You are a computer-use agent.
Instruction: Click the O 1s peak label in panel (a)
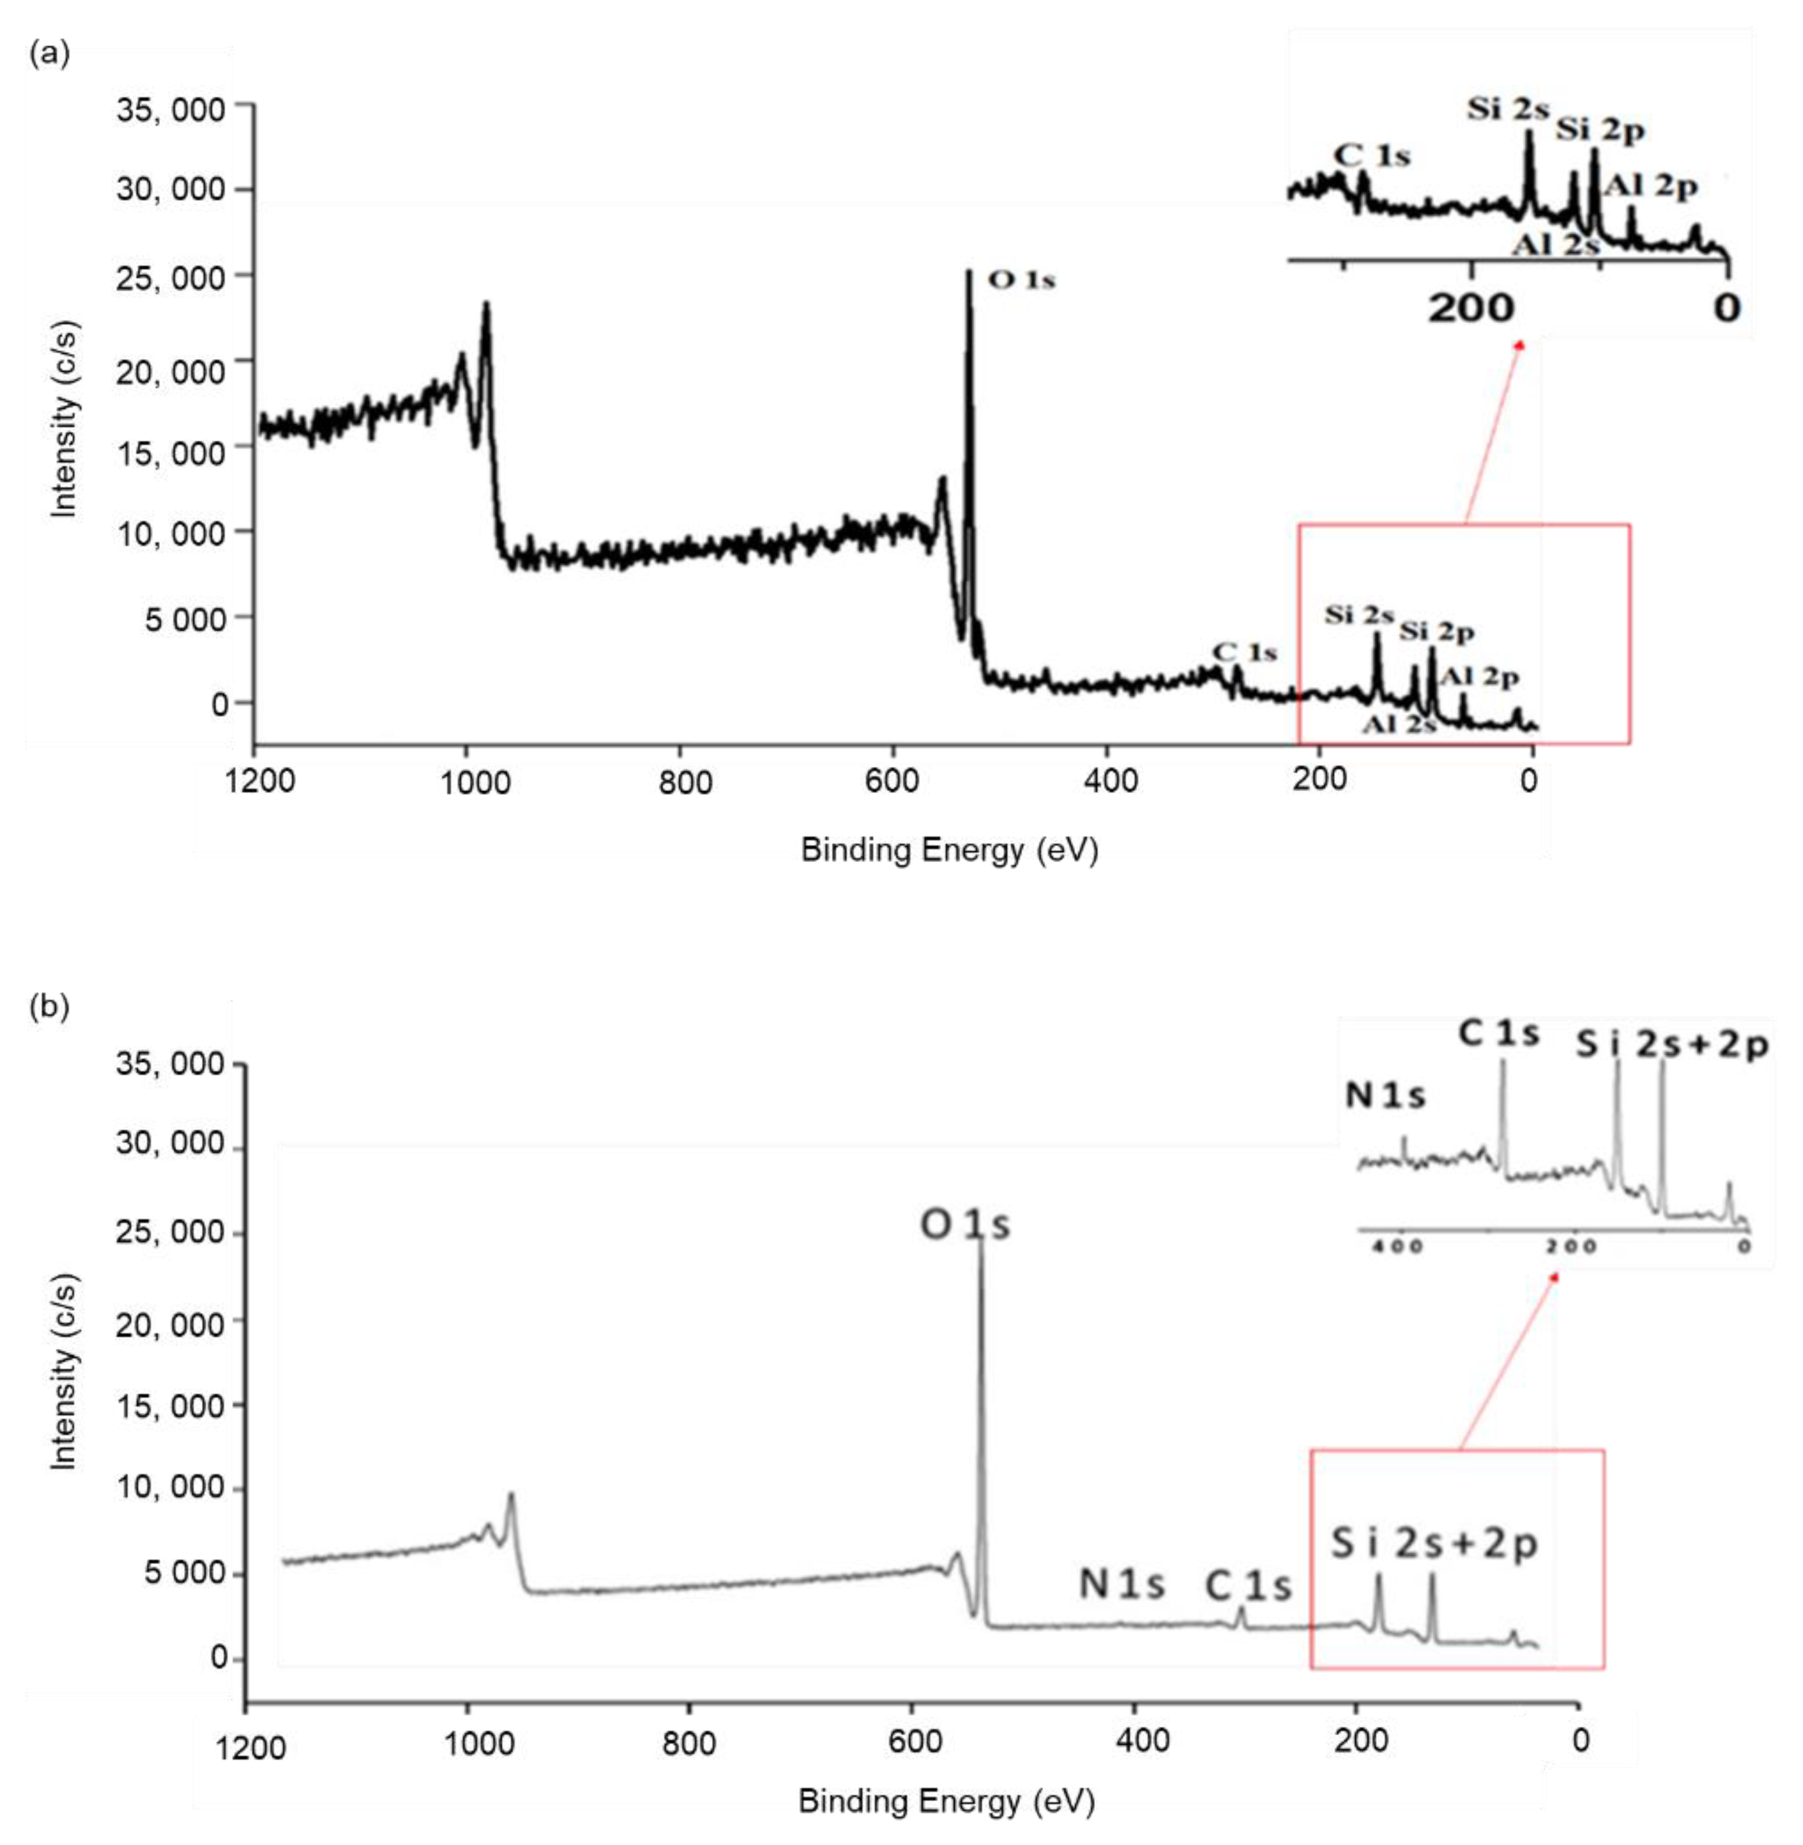(1021, 281)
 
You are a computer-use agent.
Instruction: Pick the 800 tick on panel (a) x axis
(686, 783)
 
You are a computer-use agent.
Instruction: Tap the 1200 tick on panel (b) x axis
(250, 1747)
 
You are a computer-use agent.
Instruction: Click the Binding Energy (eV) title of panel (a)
(949, 850)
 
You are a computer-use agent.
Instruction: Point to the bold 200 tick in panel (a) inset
(1470, 307)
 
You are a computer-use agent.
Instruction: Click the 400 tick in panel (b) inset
(1398, 1247)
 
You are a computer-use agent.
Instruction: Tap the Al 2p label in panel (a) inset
(1652, 187)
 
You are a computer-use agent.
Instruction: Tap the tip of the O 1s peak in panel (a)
(969, 272)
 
